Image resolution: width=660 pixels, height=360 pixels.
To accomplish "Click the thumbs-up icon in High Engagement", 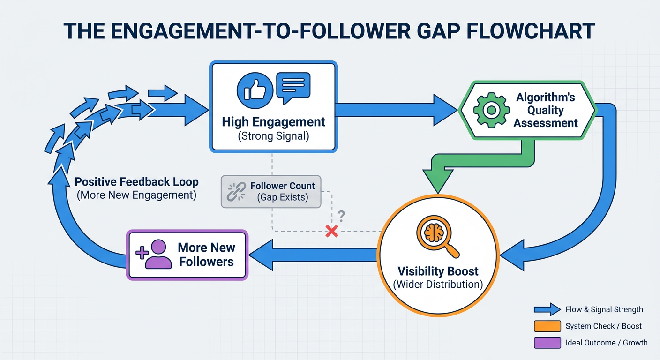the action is pyautogui.click(x=255, y=90).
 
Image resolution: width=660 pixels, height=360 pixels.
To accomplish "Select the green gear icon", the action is pyautogui.click(x=491, y=110).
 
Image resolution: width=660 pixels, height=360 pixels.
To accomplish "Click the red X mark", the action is pyautogui.click(x=332, y=231).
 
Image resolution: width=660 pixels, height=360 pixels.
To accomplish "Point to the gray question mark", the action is pyautogui.click(x=341, y=216).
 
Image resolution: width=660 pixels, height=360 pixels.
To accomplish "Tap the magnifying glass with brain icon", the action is pyautogui.click(x=437, y=237).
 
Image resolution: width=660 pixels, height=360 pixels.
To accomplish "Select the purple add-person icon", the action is pyautogui.click(x=153, y=254).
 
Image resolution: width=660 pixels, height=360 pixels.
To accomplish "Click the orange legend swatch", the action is pyautogui.click(x=547, y=326).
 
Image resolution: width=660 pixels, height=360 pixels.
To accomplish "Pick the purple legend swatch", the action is pyautogui.click(x=547, y=343).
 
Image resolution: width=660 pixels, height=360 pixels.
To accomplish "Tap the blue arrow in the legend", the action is pyautogui.click(x=547, y=309).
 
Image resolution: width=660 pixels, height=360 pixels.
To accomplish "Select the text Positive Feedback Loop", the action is pyautogui.click(x=136, y=182).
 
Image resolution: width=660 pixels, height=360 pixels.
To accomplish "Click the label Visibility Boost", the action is pyautogui.click(x=438, y=271).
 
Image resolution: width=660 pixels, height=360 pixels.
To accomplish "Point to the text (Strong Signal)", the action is pyautogui.click(x=273, y=136).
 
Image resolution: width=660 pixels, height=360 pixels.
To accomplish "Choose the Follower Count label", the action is pyautogui.click(x=283, y=186).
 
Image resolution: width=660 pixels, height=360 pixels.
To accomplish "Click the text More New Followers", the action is pyautogui.click(x=207, y=255).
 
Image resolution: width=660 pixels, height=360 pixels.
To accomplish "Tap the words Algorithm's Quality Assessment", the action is pyautogui.click(x=545, y=110).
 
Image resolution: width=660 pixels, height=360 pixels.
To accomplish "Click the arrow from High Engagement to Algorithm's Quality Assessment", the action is pyautogui.click(x=397, y=110).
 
